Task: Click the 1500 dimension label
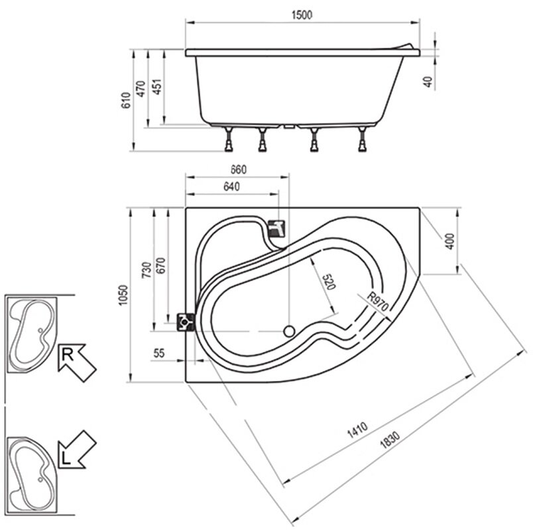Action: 302,15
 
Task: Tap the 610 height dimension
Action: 126,100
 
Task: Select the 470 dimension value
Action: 141,89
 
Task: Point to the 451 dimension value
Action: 156,87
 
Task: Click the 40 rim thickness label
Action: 428,81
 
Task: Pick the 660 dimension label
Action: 238,170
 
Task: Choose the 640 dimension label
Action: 231,187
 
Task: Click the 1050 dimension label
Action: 123,295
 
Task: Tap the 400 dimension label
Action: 449,242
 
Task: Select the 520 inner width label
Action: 328,282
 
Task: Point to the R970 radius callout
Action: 377,301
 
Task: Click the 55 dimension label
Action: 159,353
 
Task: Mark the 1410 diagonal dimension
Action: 357,430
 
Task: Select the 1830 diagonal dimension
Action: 390,440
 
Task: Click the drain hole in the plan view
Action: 289,331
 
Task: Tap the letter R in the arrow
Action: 68,355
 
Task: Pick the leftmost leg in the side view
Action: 229,139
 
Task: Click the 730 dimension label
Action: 146,270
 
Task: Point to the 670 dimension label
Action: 160,266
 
